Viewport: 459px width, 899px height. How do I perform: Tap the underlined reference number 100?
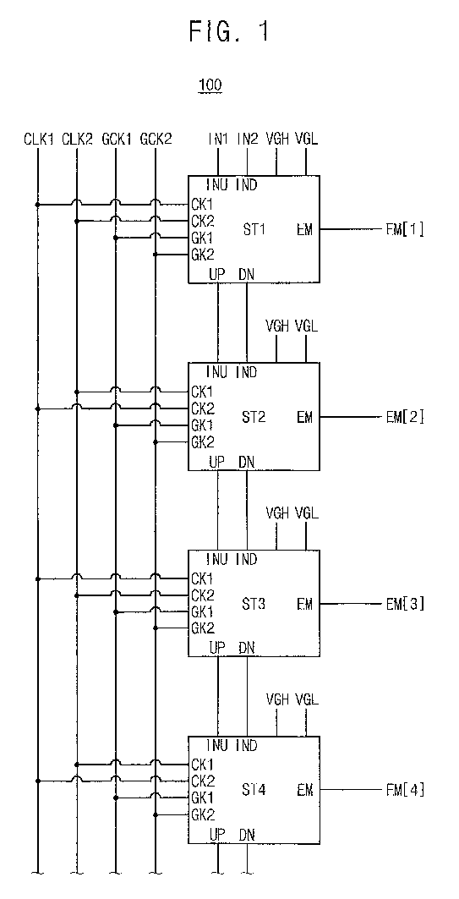(x=210, y=85)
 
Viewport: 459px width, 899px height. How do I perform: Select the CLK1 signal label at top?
(x=38, y=139)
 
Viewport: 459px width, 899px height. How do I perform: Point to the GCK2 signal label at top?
(x=156, y=139)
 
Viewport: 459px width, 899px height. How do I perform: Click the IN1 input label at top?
(x=218, y=139)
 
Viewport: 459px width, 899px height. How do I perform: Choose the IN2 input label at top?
(x=248, y=139)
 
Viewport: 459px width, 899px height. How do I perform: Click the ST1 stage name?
(x=254, y=229)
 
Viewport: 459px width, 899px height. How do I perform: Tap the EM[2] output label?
(x=405, y=417)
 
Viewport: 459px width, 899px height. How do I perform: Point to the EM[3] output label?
(x=405, y=604)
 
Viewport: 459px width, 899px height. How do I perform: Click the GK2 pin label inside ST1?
(x=203, y=255)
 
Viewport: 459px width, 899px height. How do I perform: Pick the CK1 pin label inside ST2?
(x=202, y=392)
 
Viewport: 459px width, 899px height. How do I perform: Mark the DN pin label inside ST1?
(x=246, y=275)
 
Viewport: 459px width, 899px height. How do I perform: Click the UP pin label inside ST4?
(x=217, y=835)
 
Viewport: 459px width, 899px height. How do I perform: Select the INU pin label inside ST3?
(x=217, y=558)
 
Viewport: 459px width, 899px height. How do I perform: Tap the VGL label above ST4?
(x=306, y=699)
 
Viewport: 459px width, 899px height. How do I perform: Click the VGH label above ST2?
(x=277, y=326)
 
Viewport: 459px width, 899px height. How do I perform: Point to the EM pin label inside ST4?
(x=305, y=790)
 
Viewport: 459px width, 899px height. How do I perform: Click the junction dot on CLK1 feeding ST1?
(x=38, y=204)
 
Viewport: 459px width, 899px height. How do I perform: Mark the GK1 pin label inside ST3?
(x=202, y=611)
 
